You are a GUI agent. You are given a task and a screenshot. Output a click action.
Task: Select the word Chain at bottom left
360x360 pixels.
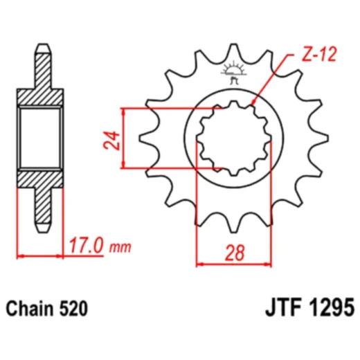(x=30, y=307)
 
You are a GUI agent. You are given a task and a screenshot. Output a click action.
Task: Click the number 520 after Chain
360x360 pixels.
(x=73, y=307)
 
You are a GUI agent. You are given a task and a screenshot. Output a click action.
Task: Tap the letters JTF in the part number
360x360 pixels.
(x=280, y=306)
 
